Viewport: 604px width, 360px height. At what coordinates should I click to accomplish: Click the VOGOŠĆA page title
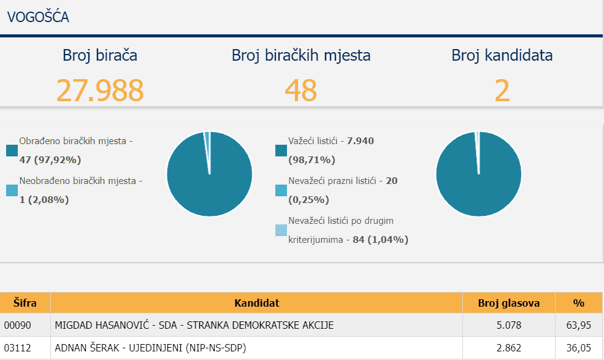pyautogui.click(x=38, y=17)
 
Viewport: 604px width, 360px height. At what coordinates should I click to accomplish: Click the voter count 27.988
pyautogui.click(x=100, y=90)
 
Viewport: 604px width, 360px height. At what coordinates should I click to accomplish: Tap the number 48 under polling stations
pyautogui.click(x=300, y=90)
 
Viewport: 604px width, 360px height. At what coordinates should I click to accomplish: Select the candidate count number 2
pyautogui.click(x=502, y=90)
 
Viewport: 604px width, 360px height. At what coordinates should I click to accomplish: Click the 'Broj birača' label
pyautogui.click(x=100, y=55)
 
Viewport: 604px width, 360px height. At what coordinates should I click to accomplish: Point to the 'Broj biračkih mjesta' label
pyautogui.click(x=300, y=55)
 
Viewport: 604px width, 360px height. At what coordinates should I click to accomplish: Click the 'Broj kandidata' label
pyautogui.click(x=502, y=55)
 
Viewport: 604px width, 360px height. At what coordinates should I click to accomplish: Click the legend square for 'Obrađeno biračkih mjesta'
pyautogui.click(x=12, y=151)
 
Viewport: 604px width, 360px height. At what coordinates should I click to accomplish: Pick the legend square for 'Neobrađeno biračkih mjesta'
pyautogui.click(x=12, y=191)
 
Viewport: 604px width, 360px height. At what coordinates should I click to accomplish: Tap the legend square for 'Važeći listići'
pyautogui.click(x=281, y=151)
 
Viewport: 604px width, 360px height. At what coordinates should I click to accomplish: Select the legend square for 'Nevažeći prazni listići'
pyautogui.click(x=281, y=191)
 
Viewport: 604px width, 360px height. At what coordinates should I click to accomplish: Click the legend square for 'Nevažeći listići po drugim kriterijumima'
pyautogui.click(x=281, y=231)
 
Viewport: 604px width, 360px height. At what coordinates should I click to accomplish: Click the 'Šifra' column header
pyautogui.click(x=25, y=303)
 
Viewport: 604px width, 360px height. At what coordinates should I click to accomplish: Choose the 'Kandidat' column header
pyautogui.click(x=256, y=303)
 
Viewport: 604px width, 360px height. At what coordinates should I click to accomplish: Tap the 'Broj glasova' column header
pyautogui.click(x=508, y=303)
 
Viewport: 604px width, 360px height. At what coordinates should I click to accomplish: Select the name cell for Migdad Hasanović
pyautogui.click(x=194, y=325)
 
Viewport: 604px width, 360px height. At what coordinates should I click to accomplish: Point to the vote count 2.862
pyautogui.click(x=508, y=348)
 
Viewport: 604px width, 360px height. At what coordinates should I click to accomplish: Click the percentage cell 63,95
pyautogui.click(x=578, y=325)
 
